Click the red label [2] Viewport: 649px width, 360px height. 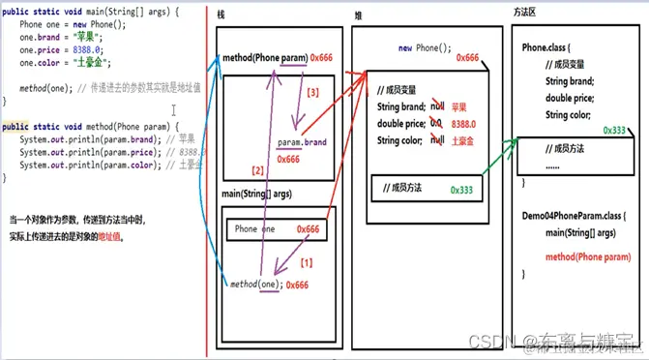(x=257, y=170)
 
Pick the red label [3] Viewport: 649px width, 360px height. (x=310, y=93)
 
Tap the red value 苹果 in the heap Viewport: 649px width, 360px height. (x=462, y=107)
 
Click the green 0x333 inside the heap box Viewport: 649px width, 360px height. (x=463, y=190)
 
